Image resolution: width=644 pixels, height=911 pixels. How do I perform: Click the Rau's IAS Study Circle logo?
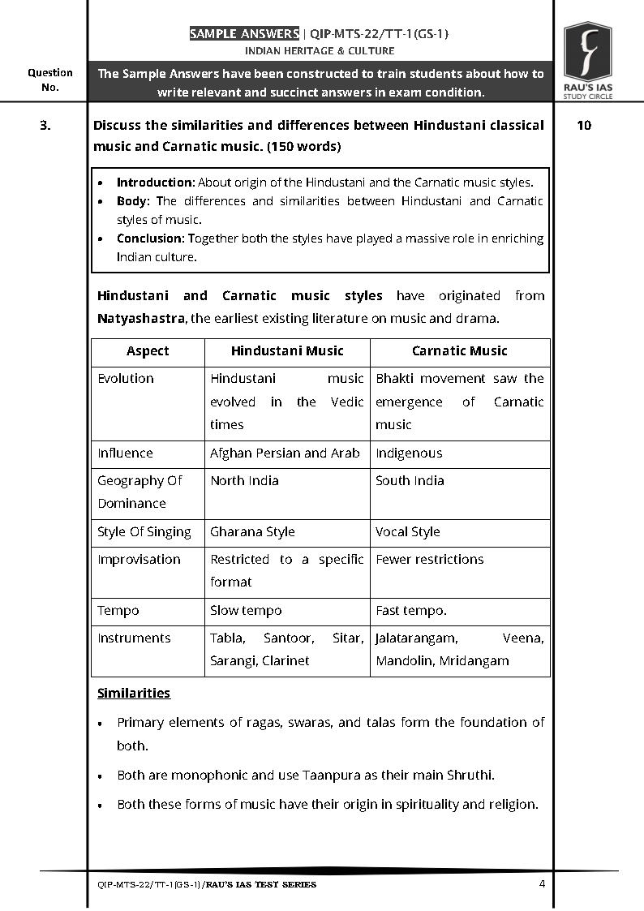click(x=587, y=61)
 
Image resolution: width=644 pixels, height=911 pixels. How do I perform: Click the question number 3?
click(x=46, y=126)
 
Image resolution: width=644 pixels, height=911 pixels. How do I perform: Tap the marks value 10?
click(x=583, y=126)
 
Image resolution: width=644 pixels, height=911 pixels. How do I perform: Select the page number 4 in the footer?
click(x=542, y=883)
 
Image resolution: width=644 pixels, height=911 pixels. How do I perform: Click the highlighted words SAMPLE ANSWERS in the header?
click(x=244, y=34)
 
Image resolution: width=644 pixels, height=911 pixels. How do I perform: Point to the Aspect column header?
click(x=148, y=351)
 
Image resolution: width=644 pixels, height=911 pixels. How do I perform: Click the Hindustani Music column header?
click(x=287, y=351)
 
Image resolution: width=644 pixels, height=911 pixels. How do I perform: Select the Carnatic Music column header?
click(x=459, y=351)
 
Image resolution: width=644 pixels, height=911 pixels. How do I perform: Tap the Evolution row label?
click(x=126, y=379)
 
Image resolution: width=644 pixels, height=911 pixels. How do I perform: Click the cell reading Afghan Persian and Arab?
click(x=285, y=453)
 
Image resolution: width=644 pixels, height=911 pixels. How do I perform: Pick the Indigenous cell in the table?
click(x=409, y=453)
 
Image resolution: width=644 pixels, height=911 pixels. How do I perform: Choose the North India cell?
click(x=244, y=481)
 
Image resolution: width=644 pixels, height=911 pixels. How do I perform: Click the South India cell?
click(x=410, y=481)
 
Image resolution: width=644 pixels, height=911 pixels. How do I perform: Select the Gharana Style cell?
click(x=252, y=532)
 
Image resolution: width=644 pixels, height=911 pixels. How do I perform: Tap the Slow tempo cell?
click(x=246, y=611)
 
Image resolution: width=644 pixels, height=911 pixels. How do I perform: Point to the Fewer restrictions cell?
click(x=429, y=560)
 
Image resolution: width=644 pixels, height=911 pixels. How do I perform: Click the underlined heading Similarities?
click(x=134, y=694)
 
